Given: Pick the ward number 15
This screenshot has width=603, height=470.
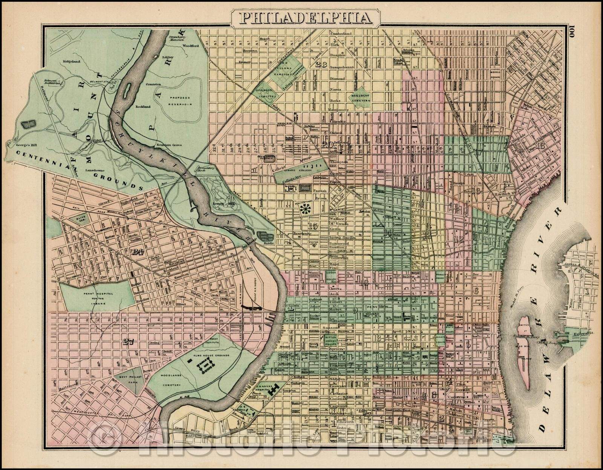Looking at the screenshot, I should pos(312,226).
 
